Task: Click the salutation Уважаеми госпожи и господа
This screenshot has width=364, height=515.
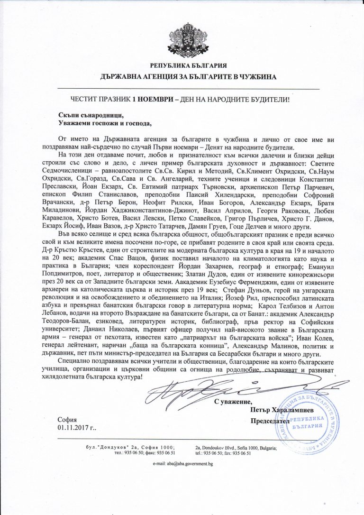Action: click(x=103, y=124)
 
